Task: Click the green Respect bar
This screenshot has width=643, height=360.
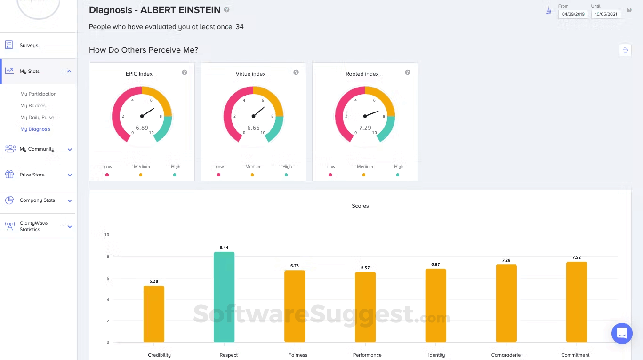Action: point(224,297)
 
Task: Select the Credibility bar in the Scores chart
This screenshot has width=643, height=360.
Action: point(154,314)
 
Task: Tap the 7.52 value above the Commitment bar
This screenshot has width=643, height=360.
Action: point(577,257)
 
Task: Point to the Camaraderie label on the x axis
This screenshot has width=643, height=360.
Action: point(506,355)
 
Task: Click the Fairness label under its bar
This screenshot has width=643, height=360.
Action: point(298,355)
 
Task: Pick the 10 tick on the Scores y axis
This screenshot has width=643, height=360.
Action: point(107,235)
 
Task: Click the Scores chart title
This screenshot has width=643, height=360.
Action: point(360,206)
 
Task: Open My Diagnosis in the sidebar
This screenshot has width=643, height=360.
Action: point(35,129)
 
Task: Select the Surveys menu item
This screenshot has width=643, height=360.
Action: point(29,45)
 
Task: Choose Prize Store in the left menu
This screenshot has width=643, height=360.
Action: point(32,175)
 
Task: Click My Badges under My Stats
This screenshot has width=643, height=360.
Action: point(33,105)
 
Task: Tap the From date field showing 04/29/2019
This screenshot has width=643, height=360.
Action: point(573,14)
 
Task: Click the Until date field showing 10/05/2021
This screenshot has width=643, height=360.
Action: point(606,14)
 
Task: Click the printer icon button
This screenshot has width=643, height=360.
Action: point(625,50)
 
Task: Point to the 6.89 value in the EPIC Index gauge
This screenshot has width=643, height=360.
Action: point(142,128)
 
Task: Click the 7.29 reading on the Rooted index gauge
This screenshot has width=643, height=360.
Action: point(365,128)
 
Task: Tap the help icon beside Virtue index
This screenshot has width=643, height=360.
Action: point(296,72)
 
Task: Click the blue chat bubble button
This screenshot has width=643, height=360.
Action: point(622,334)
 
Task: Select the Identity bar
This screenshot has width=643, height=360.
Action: point(436,305)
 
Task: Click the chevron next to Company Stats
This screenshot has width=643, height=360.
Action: point(70,200)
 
